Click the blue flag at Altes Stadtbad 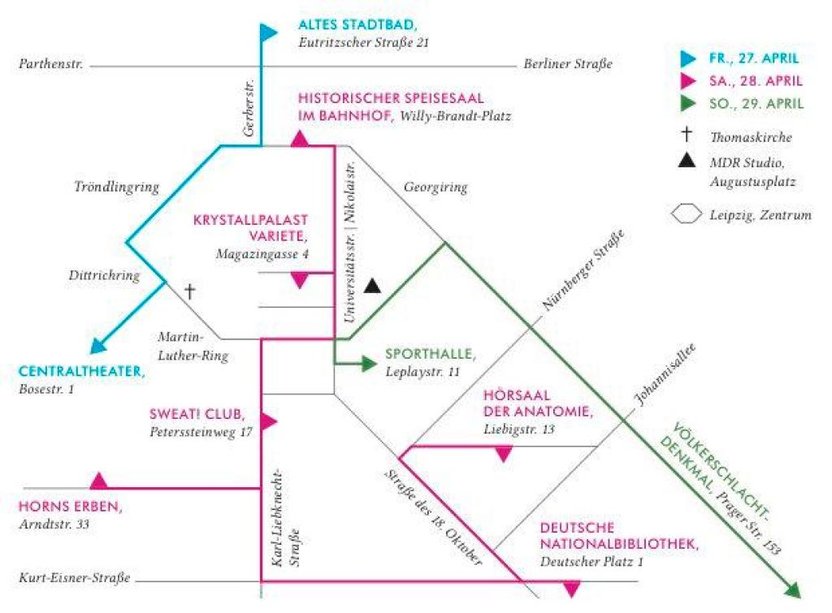pyautogui.click(x=268, y=32)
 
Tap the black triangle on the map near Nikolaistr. pyautogui.click(x=372, y=285)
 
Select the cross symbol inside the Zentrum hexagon pyautogui.click(x=191, y=291)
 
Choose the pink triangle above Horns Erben pyautogui.click(x=99, y=480)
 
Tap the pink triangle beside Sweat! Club pyautogui.click(x=269, y=421)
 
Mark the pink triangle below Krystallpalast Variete pyautogui.click(x=300, y=281)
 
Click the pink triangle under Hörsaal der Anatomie pyautogui.click(x=504, y=455)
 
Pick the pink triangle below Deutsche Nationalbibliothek pyautogui.click(x=572, y=589)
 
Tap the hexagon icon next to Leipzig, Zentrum pyautogui.click(x=687, y=214)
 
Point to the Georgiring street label pyautogui.click(x=435, y=188)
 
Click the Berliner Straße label pyautogui.click(x=568, y=64)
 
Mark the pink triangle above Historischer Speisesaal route pyautogui.click(x=301, y=140)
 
